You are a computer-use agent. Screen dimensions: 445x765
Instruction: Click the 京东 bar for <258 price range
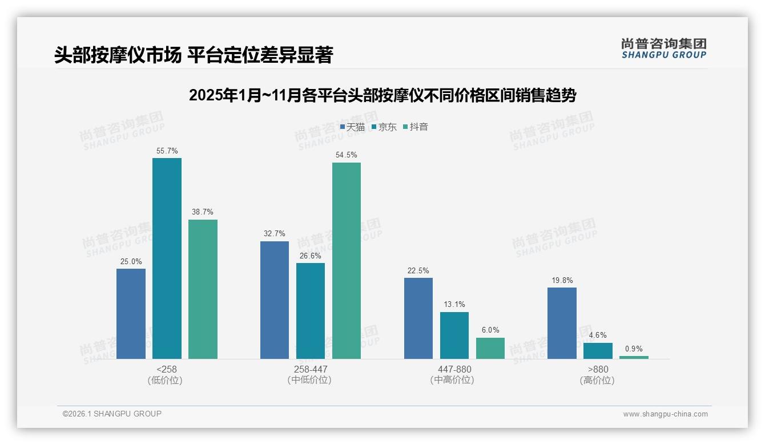[x=167, y=258]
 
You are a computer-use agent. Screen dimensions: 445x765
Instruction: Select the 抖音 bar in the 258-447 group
[x=347, y=261]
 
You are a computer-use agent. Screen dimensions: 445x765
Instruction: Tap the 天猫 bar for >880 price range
[x=562, y=323]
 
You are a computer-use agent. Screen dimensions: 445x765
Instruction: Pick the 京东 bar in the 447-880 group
[x=454, y=335]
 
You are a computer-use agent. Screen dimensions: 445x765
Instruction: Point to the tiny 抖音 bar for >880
[x=634, y=357]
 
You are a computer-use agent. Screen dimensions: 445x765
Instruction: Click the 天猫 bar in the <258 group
[x=131, y=314]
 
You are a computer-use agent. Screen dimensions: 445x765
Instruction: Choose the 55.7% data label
[x=167, y=151]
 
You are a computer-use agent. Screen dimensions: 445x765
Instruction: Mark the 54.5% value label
[x=347, y=155]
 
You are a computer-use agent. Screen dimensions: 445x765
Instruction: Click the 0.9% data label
[x=634, y=349]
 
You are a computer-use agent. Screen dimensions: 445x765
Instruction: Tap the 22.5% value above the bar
[x=418, y=270]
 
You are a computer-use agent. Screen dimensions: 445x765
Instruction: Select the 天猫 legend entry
[x=352, y=127]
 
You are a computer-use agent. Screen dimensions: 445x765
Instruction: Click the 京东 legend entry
[x=384, y=127]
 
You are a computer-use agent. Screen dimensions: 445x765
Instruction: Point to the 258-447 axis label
[x=311, y=369]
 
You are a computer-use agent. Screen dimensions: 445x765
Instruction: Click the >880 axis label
[x=598, y=369]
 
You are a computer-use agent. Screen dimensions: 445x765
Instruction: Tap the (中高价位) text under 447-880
[x=454, y=380]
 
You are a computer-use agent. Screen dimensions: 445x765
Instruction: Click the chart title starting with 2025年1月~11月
[x=382, y=95]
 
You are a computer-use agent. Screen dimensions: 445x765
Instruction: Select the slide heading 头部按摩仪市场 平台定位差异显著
[x=194, y=55]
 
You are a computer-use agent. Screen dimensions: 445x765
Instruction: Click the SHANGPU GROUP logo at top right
[x=663, y=48]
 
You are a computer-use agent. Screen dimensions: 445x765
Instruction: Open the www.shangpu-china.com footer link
[x=665, y=414]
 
